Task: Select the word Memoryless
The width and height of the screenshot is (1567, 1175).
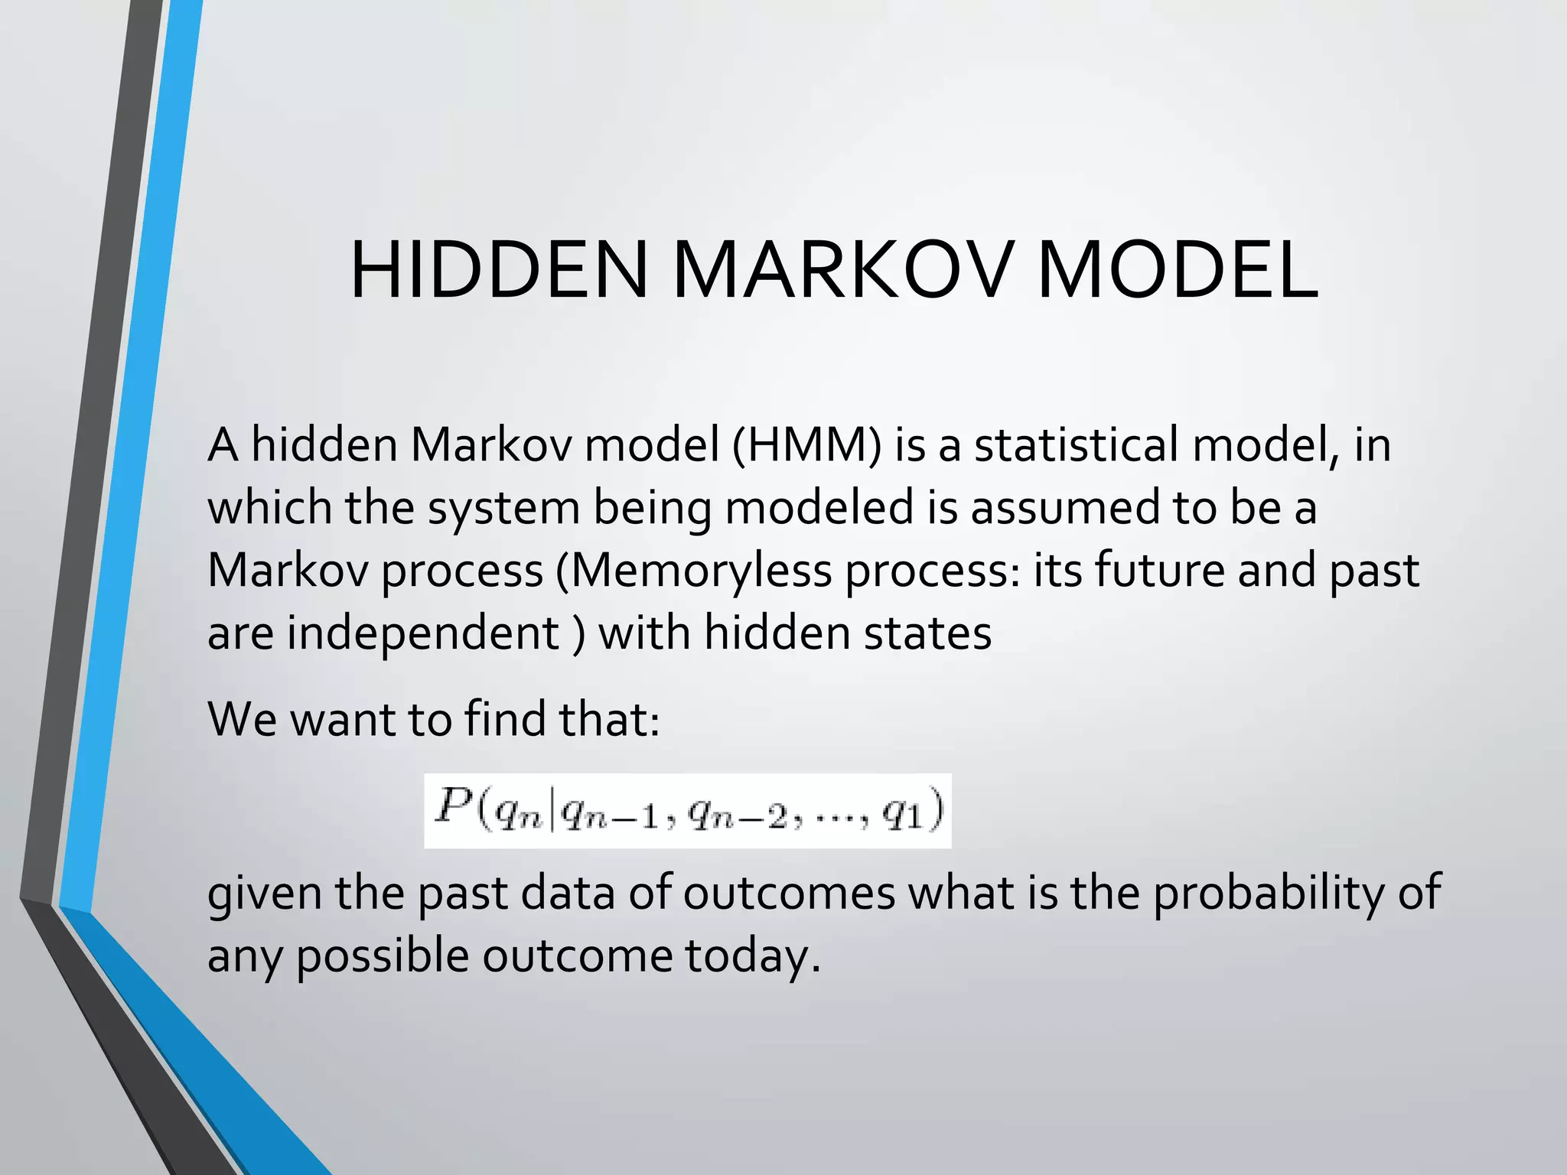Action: click(x=699, y=571)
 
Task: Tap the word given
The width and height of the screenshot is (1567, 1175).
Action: click(x=265, y=893)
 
